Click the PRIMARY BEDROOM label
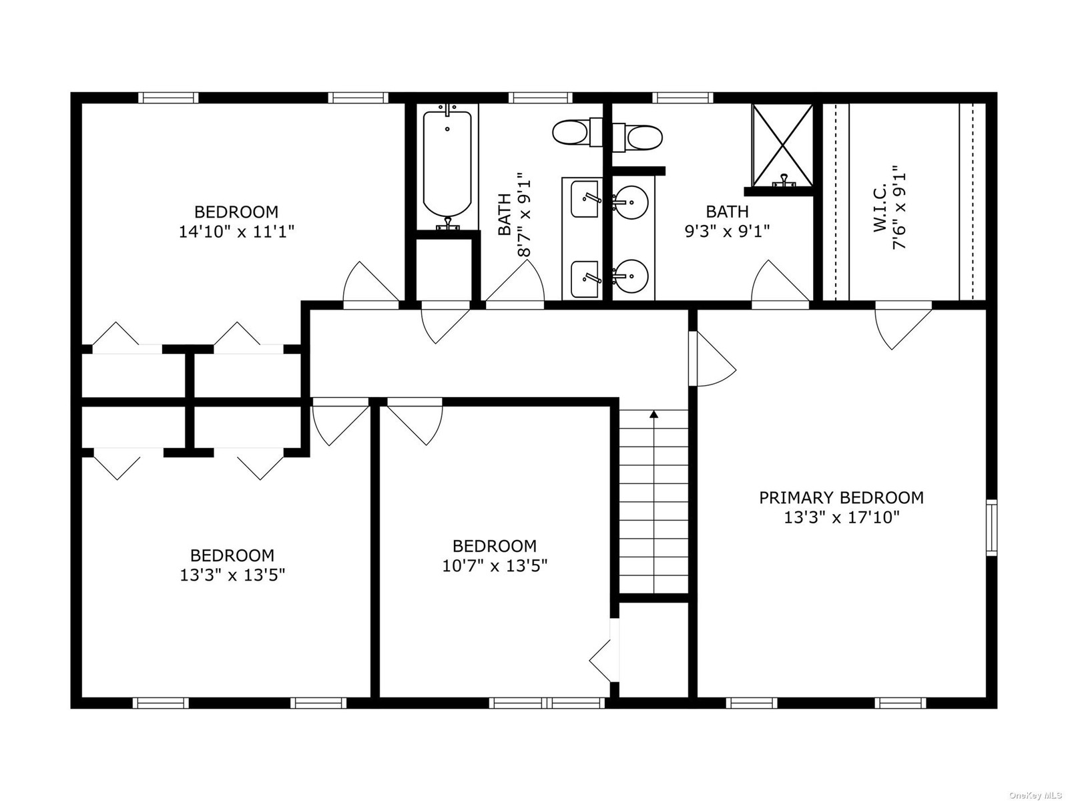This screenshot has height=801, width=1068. click(x=841, y=497)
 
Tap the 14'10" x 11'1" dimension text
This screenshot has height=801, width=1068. click(x=236, y=232)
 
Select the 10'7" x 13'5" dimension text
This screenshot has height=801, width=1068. click(x=495, y=565)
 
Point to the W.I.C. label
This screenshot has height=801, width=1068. click(x=880, y=211)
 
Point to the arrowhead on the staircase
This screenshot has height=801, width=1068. click(x=654, y=415)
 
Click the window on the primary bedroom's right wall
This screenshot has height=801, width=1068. click(x=992, y=527)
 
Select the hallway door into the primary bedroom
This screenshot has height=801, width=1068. click(x=712, y=358)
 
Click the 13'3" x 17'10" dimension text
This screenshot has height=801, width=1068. click(x=841, y=517)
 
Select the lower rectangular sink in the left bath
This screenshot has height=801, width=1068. click(x=584, y=279)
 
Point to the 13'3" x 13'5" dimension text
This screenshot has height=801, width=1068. click(x=232, y=575)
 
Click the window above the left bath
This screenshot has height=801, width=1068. click(x=541, y=97)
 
